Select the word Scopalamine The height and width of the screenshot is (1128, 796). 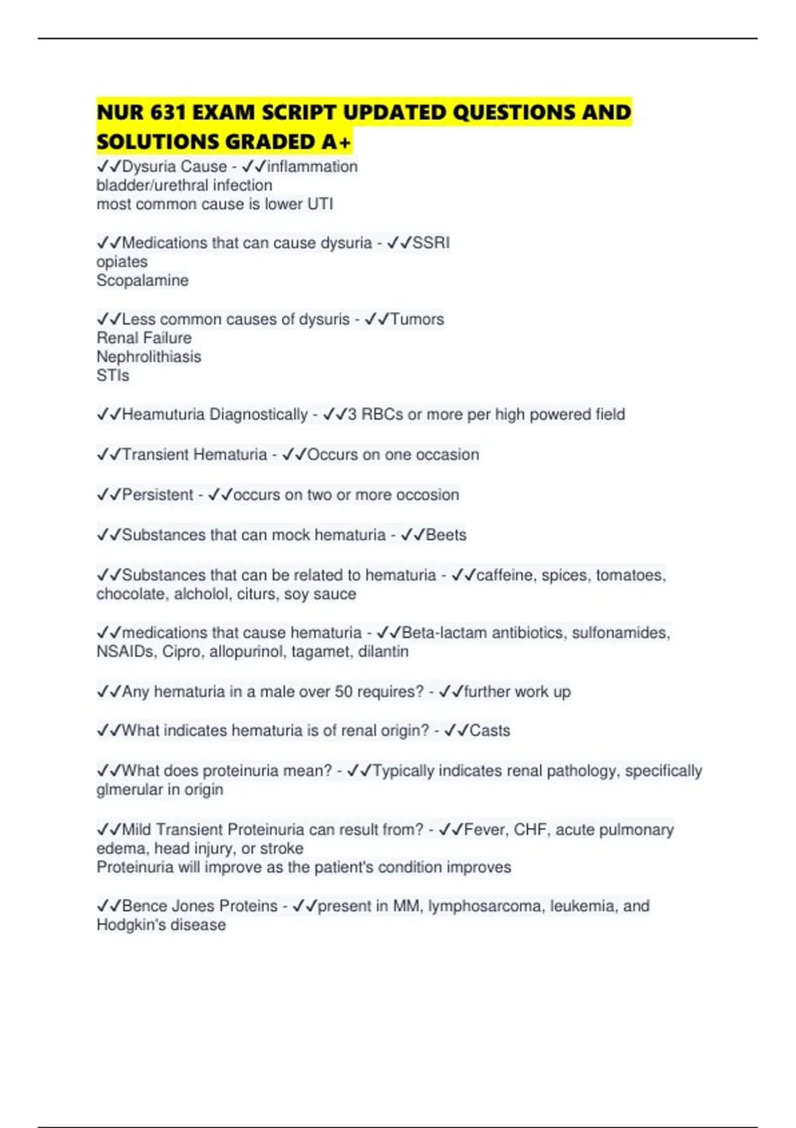pyautogui.click(x=143, y=281)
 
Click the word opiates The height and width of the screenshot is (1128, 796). pyautogui.click(x=122, y=262)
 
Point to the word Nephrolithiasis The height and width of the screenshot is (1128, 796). pyautogui.click(x=149, y=357)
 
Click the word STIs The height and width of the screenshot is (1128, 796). pyautogui.click(x=113, y=376)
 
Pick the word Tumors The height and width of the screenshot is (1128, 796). pyautogui.click(x=417, y=319)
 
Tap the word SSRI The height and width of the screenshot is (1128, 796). pyautogui.click(x=431, y=243)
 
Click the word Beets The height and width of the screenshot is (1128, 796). pyautogui.click(x=446, y=535)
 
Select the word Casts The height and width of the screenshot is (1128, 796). pyautogui.click(x=490, y=731)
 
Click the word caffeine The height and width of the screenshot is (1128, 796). pyautogui.click(x=505, y=575)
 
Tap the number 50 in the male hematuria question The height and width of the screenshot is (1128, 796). pyautogui.click(x=344, y=691)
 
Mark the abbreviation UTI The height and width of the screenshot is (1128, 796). pyautogui.click(x=320, y=204)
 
